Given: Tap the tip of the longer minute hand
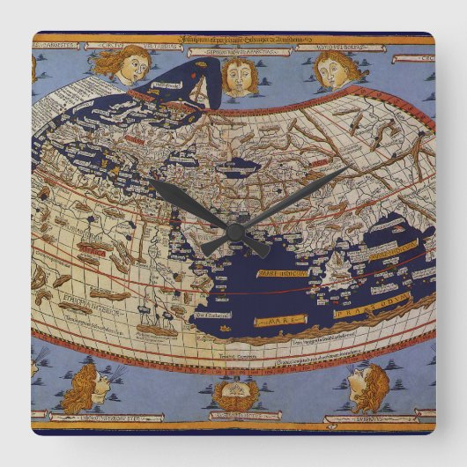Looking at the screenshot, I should pos(346,168).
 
